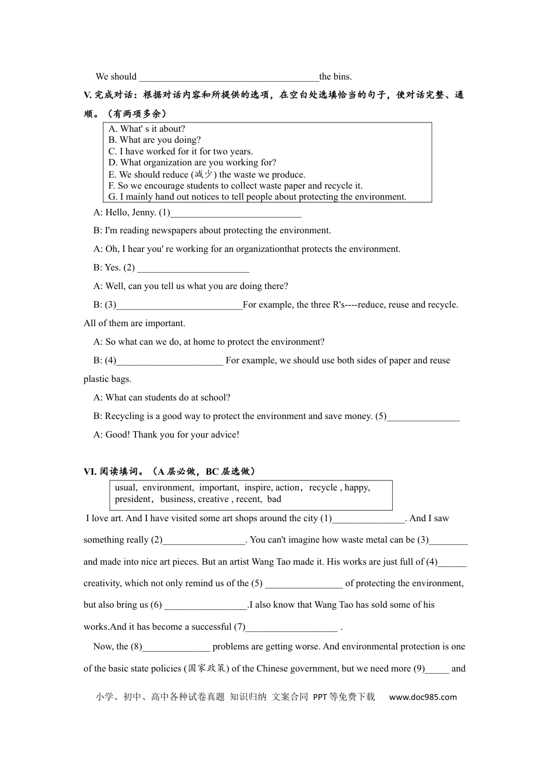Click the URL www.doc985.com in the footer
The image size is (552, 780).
point(422,697)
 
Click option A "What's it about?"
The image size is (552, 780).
point(147,129)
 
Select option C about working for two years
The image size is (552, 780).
point(180,151)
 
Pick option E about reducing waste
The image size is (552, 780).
point(206,174)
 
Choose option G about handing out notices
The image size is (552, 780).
point(257,197)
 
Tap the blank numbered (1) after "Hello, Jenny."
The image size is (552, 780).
point(236,212)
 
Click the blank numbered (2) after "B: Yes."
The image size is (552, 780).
point(193,268)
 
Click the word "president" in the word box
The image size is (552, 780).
point(133,499)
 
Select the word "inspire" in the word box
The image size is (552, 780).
point(257,488)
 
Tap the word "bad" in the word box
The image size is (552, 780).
point(274,499)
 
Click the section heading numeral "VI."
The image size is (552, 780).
point(90,472)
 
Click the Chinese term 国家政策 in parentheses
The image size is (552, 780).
point(207,669)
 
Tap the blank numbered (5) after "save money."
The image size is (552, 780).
point(423,417)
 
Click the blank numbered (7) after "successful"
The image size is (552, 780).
point(292,627)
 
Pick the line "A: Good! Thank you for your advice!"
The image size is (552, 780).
point(166,435)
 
